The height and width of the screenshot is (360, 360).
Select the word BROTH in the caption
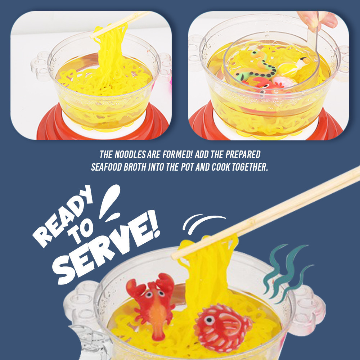coord(135,167)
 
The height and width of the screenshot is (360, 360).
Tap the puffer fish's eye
coord(210,319)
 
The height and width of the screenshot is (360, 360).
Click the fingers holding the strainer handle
coord(318,19)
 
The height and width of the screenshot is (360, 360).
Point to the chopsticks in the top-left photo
coord(120,24)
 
